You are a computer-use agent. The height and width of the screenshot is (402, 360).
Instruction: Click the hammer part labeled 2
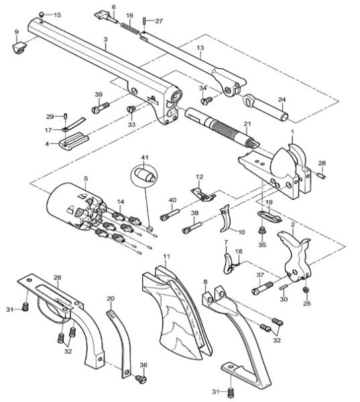[299, 257]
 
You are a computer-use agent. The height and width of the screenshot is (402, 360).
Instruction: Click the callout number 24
[282, 100]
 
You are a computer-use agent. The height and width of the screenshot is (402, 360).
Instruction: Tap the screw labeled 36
[141, 379]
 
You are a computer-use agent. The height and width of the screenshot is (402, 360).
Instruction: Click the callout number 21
[247, 124]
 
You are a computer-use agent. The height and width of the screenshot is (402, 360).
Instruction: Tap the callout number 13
[200, 48]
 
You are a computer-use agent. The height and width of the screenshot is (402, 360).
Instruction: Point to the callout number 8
[204, 284]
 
